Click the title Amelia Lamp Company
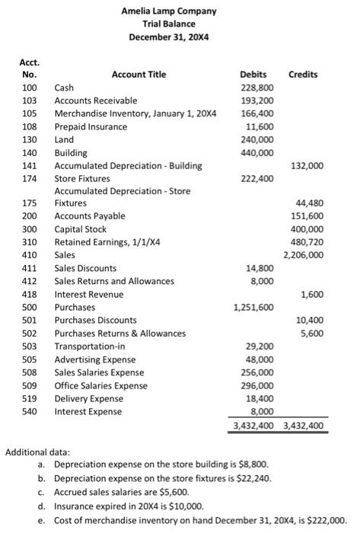pyautogui.click(x=169, y=11)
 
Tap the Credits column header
pyautogui.click(x=304, y=75)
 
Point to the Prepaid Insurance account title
pyautogui.click(x=91, y=126)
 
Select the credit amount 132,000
pyautogui.click(x=307, y=165)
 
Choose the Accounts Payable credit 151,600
pyautogui.click(x=307, y=216)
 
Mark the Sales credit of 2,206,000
pyautogui.click(x=304, y=255)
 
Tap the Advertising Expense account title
pyautogui.click(x=94, y=359)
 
